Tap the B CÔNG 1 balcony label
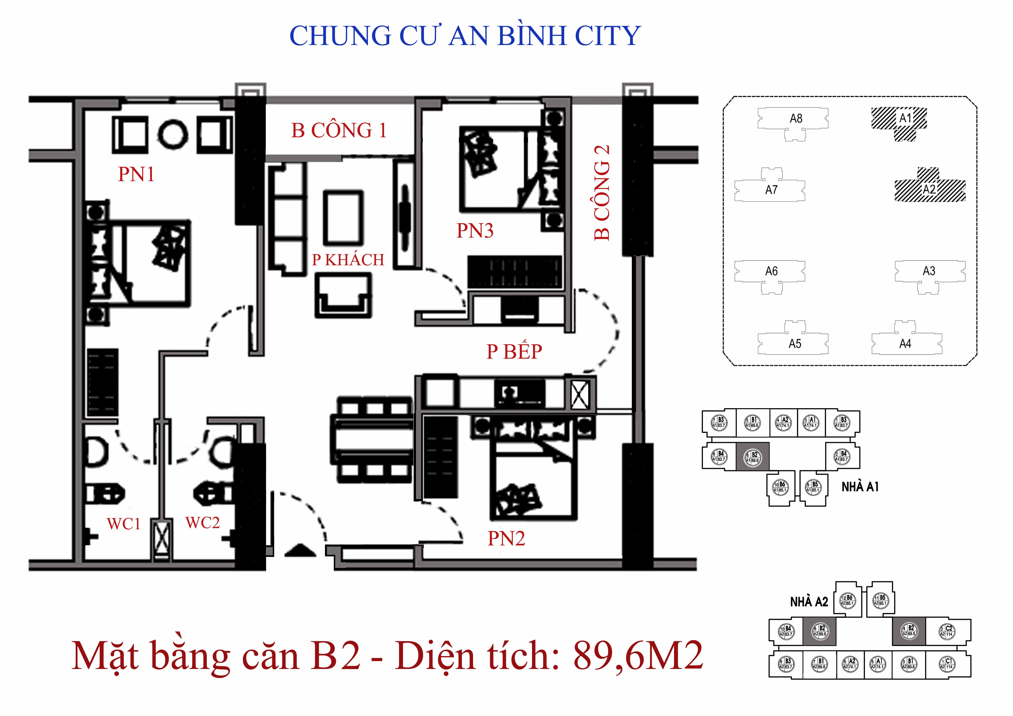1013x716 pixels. coord(339,131)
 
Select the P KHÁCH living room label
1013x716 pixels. coord(348,260)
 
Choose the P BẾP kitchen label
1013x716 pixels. coord(514,352)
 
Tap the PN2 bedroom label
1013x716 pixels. coord(506,538)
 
